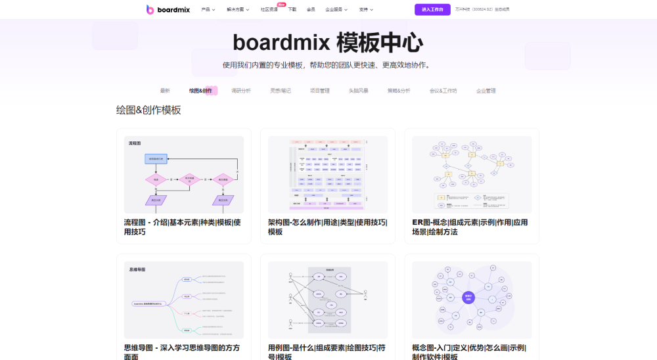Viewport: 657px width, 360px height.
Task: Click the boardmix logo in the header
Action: [x=168, y=9]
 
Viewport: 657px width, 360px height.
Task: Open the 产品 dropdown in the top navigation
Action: [x=208, y=9]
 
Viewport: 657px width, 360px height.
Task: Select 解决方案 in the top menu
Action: [x=238, y=9]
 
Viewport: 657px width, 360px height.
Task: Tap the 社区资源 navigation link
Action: [x=269, y=9]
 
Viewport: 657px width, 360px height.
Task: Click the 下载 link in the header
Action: [x=292, y=9]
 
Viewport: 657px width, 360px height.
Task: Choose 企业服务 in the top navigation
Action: [x=336, y=9]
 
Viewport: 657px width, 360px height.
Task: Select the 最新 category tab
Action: [x=165, y=91]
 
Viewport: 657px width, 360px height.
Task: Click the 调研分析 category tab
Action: [x=241, y=91]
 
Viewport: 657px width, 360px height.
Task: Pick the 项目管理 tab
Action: [x=320, y=91]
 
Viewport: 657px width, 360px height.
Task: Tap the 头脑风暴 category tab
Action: [x=359, y=91]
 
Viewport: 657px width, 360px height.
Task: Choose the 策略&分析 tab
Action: [x=399, y=91]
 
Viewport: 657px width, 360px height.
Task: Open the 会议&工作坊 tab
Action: [x=443, y=91]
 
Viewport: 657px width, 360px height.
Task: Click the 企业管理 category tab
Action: [x=486, y=91]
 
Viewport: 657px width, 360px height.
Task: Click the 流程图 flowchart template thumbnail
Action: [x=184, y=174]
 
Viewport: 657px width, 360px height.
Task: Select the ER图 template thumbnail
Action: [x=472, y=174]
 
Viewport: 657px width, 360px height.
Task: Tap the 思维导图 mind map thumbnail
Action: [x=184, y=300]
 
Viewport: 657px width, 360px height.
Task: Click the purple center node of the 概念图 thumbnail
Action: [x=468, y=298]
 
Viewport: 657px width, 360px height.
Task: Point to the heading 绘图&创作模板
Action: [x=148, y=110]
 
